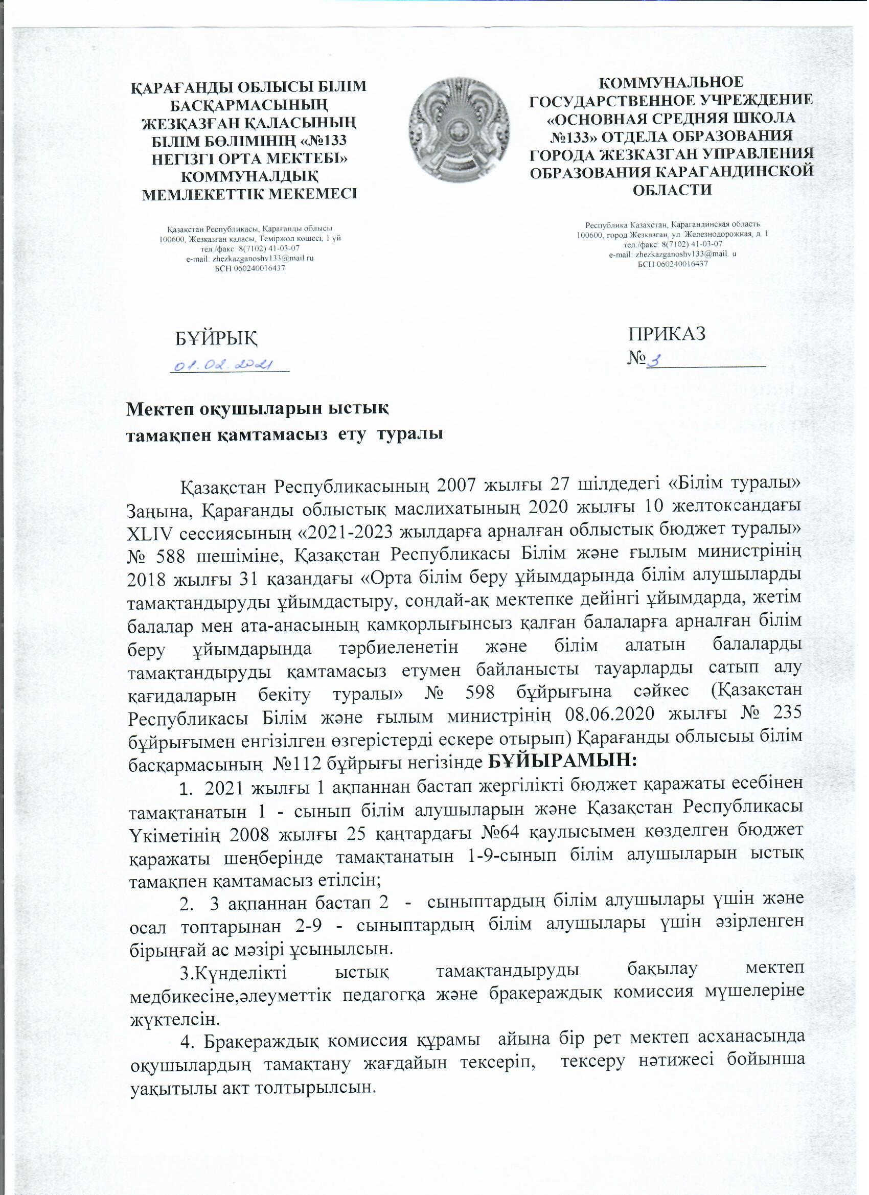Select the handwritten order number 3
(x=655, y=360)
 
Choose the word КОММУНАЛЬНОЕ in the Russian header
(x=672, y=83)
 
